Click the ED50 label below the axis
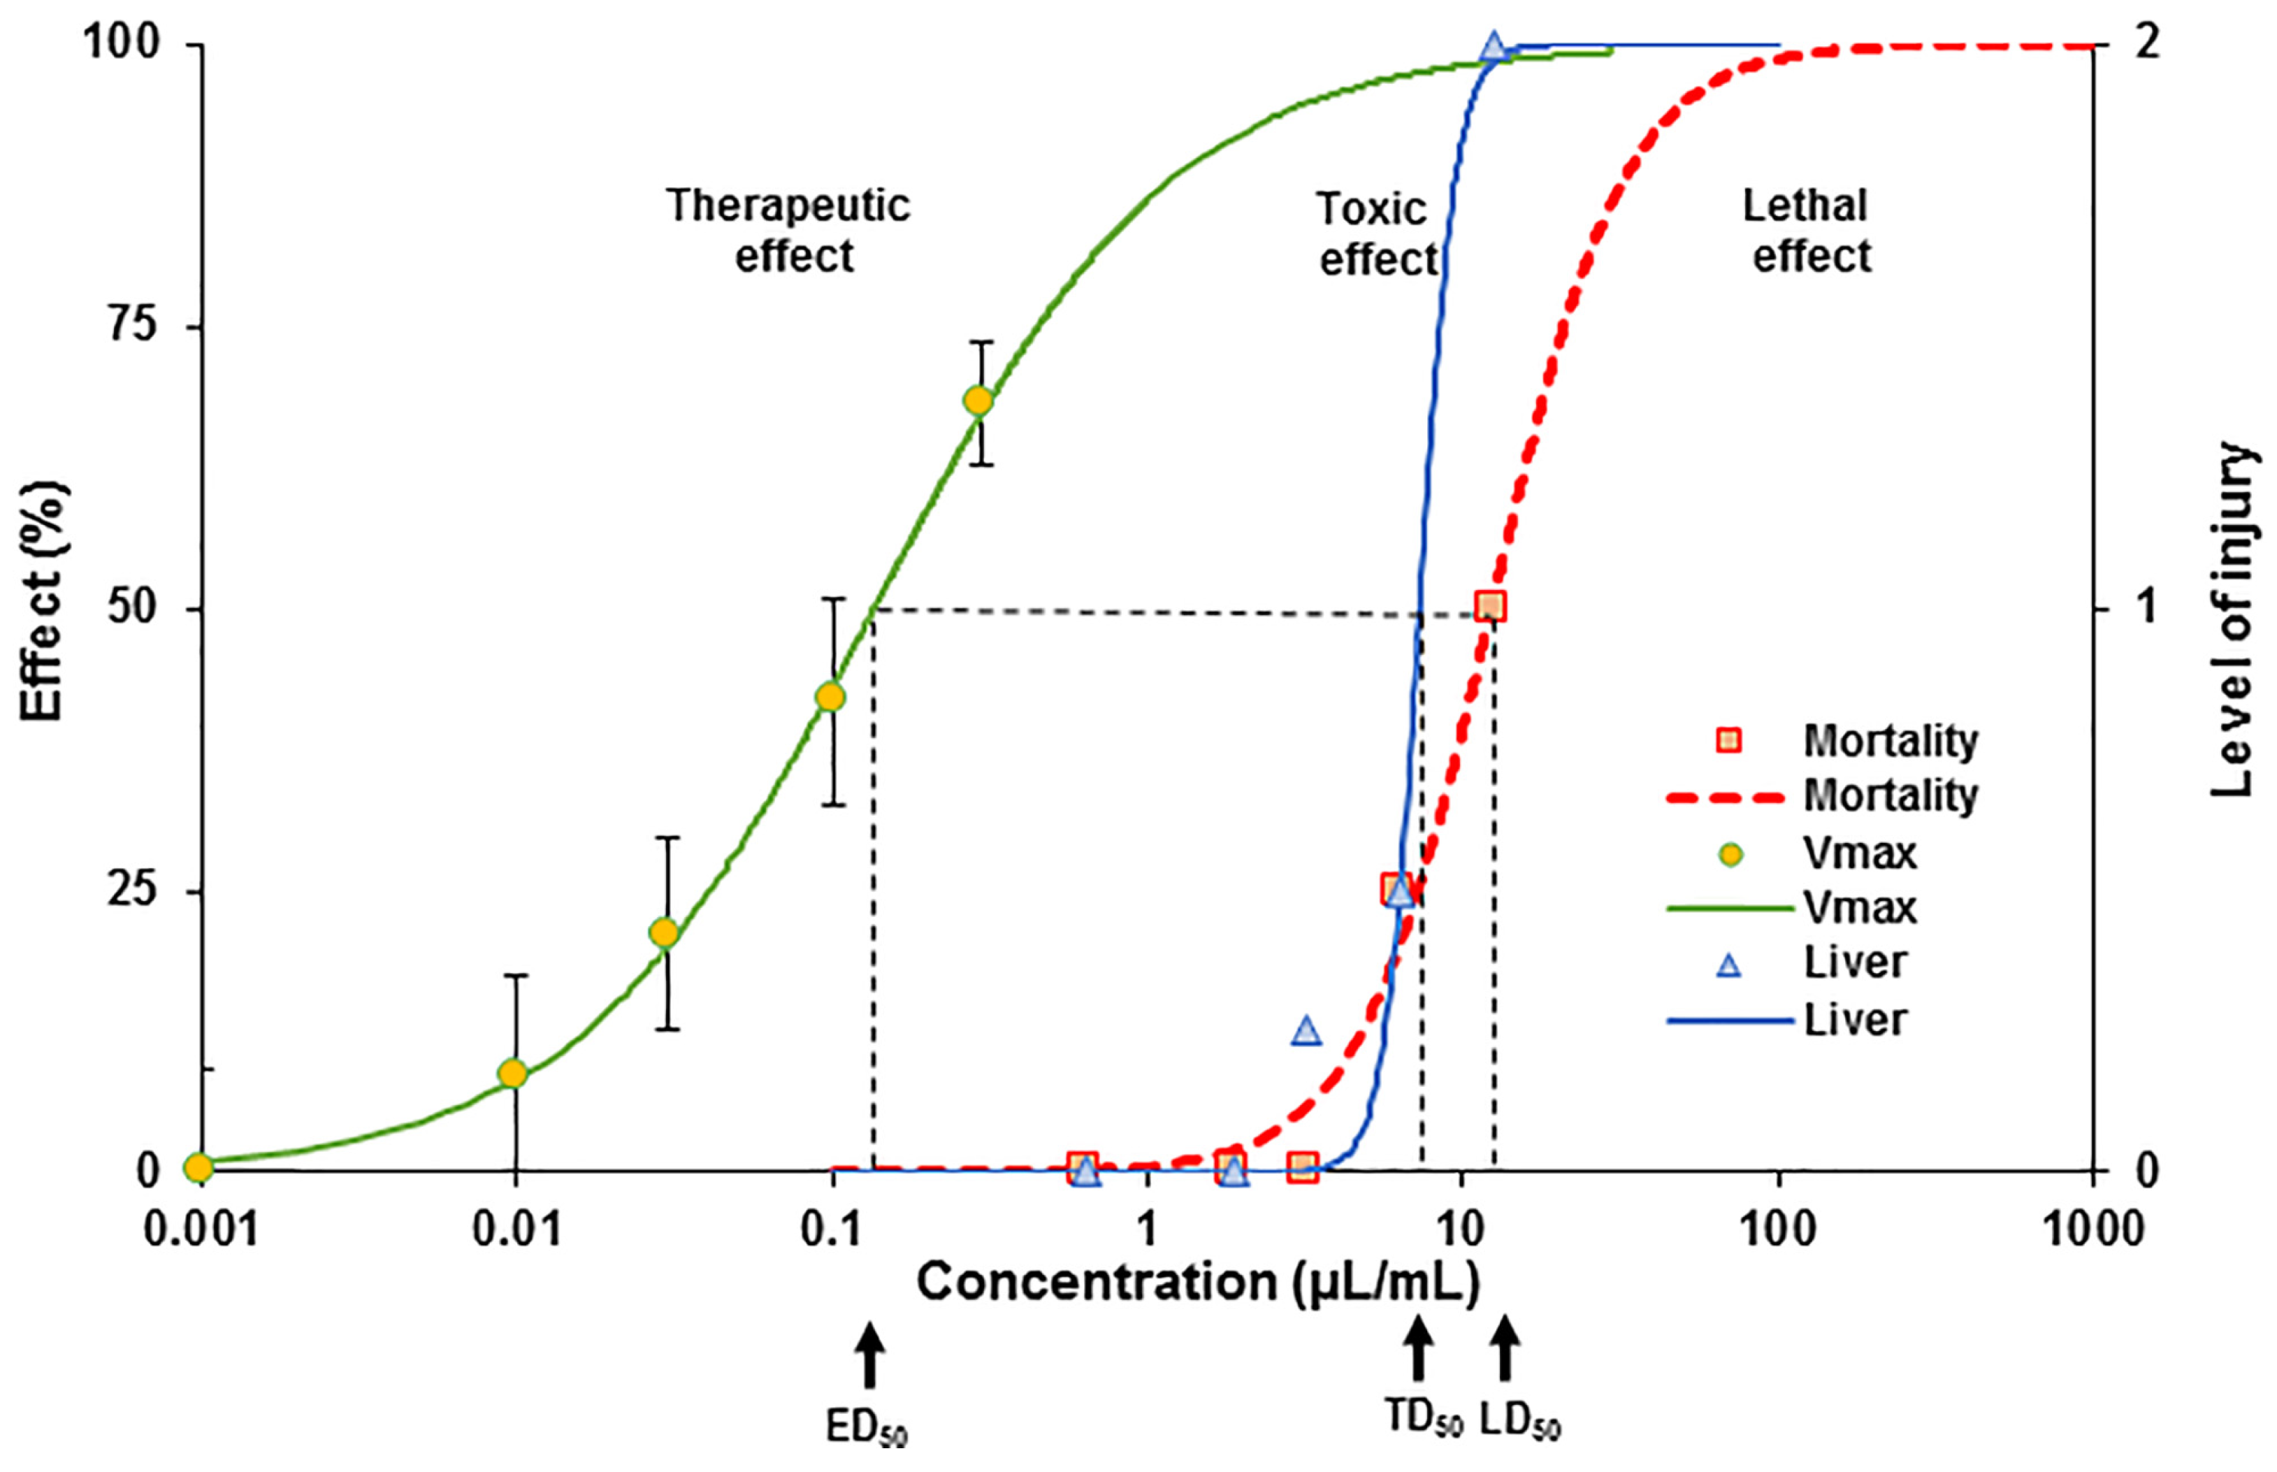click(867, 1428)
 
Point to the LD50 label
click(1519, 1422)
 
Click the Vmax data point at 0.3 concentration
click(978, 401)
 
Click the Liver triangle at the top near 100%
click(1494, 46)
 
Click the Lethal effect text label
click(1807, 231)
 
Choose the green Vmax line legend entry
click(1728, 908)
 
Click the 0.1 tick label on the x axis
click(831, 1228)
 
